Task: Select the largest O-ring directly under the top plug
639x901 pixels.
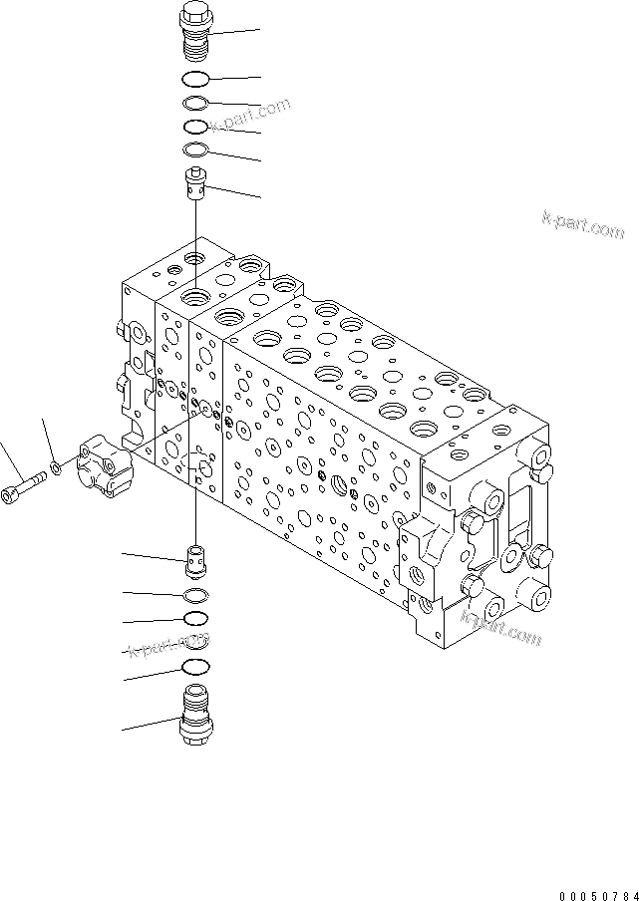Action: pyautogui.click(x=196, y=80)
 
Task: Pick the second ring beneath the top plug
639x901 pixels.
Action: pyautogui.click(x=196, y=104)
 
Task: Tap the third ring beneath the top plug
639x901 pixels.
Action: pyautogui.click(x=196, y=127)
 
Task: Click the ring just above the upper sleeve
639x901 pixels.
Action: pyautogui.click(x=196, y=150)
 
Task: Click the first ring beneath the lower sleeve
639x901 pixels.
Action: pyautogui.click(x=197, y=596)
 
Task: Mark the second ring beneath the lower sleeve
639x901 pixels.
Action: pyautogui.click(x=197, y=619)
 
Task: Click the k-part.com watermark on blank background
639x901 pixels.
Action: pyautogui.click(x=583, y=225)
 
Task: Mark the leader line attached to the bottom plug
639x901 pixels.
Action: pyautogui.click(x=150, y=724)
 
